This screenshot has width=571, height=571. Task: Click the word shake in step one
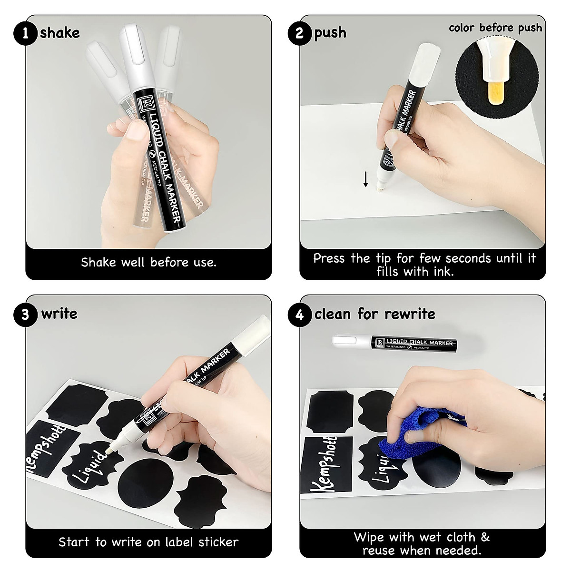tap(60, 33)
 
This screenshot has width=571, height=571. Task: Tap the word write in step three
tap(59, 314)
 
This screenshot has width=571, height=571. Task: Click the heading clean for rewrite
tap(374, 314)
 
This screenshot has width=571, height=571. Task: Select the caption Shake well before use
tap(148, 262)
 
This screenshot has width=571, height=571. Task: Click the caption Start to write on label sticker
tap(148, 542)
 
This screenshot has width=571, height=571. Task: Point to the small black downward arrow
tap(365, 179)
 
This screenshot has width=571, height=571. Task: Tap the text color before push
tap(495, 28)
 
